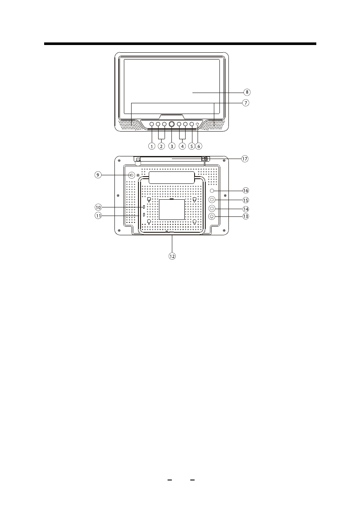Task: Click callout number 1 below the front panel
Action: [x=152, y=147]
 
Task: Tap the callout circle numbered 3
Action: [x=172, y=147]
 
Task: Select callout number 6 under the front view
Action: [x=199, y=147]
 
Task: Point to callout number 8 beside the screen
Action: [x=247, y=93]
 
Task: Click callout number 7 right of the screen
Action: [x=246, y=103]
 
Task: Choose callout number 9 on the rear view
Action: [x=98, y=175]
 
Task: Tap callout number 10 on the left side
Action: [x=98, y=207]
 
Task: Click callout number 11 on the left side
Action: [x=98, y=215]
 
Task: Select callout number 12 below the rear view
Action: [x=172, y=256]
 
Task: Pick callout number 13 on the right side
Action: [x=246, y=216]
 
